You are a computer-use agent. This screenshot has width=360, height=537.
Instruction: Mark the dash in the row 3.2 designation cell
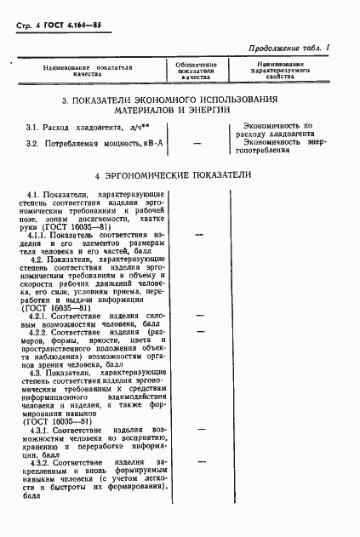click(197, 143)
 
